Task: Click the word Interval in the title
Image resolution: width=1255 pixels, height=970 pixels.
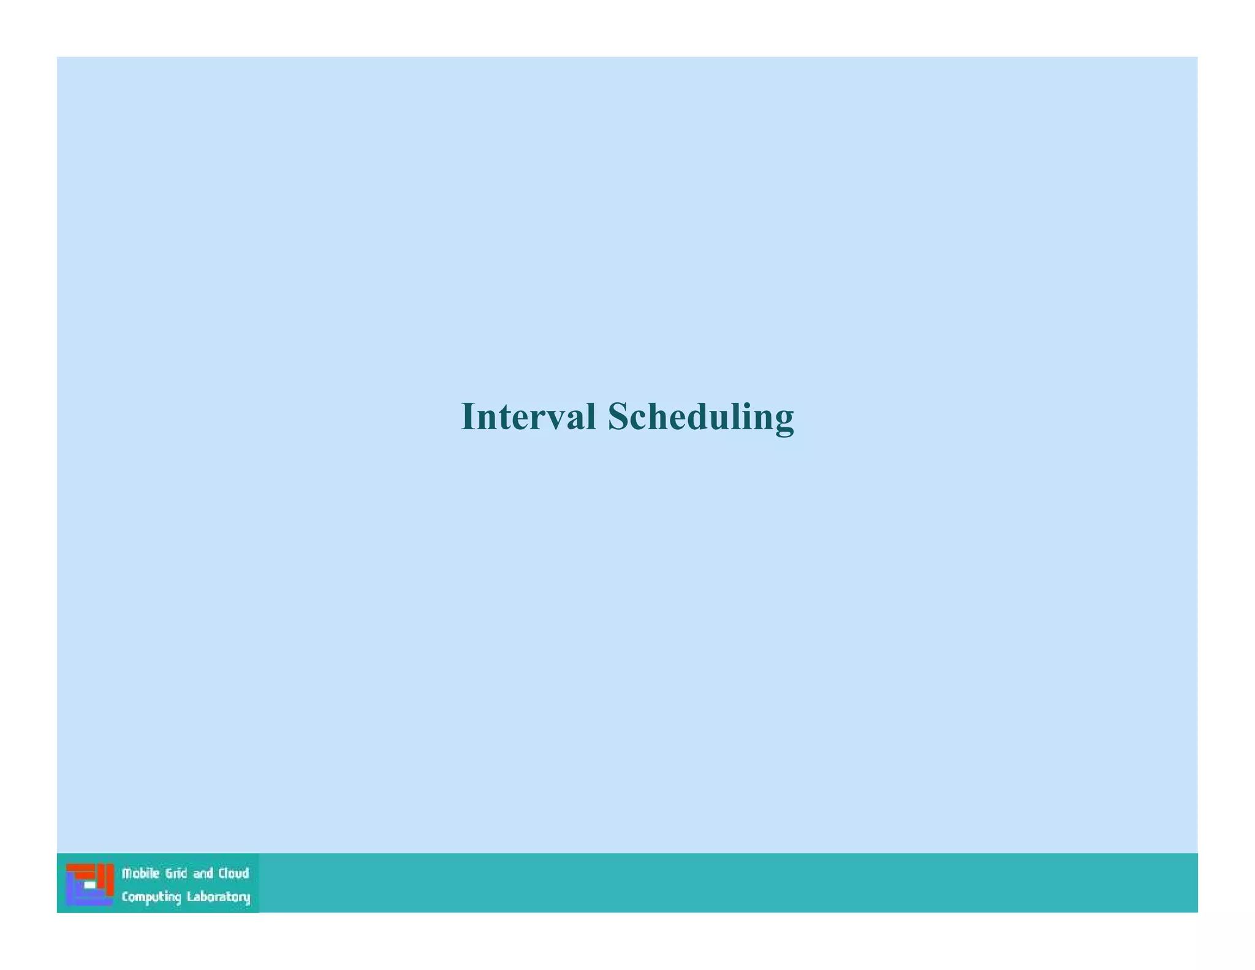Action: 528,417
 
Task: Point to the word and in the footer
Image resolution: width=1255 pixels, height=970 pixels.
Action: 203,874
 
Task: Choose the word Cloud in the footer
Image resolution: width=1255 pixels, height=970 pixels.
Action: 233,874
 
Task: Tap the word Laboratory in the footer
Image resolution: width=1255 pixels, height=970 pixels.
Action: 218,897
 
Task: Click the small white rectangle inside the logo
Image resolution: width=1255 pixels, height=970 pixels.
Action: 89,885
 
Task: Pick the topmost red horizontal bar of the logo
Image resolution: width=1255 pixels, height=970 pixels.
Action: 80,867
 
